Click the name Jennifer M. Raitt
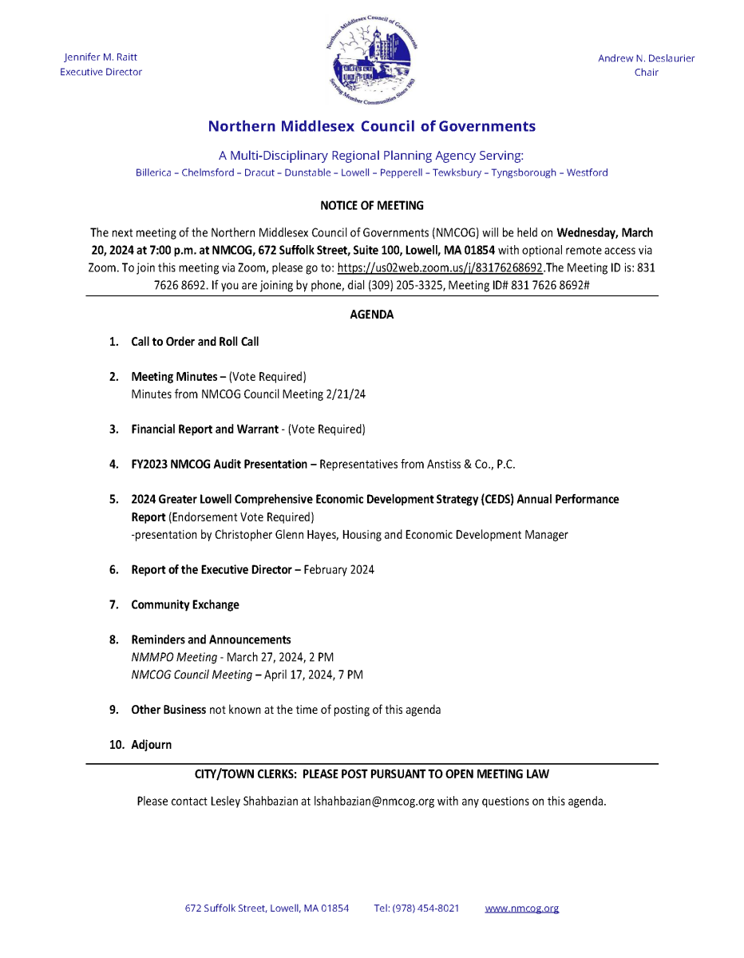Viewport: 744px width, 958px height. tap(101, 57)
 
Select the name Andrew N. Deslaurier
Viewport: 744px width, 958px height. tap(646, 58)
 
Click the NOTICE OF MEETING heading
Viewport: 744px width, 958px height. tap(372, 206)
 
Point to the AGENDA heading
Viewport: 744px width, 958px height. tap(372, 315)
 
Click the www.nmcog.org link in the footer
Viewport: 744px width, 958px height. tap(521, 909)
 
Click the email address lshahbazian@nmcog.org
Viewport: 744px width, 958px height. tap(374, 801)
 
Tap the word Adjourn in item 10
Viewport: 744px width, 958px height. tap(152, 745)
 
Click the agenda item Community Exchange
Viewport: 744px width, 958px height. tap(185, 605)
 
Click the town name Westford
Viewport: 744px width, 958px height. tap(587, 172)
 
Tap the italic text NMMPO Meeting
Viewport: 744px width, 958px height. tap(174, 657)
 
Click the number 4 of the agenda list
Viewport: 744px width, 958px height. tap(113, 465)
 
